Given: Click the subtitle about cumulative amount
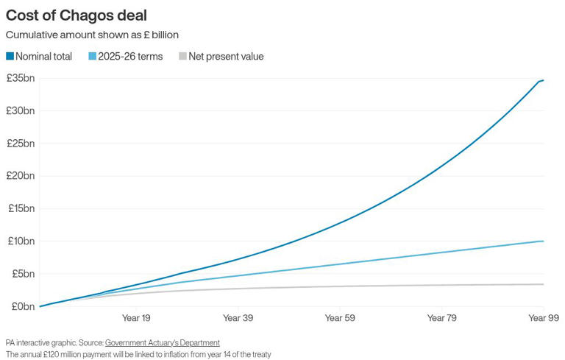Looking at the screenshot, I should coord(92,35).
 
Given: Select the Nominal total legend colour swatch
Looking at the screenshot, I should coord(10,57).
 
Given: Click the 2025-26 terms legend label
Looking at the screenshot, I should coord(129,57).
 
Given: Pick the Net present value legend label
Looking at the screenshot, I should coord(226,57).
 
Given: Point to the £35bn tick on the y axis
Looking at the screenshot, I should coord(20,78).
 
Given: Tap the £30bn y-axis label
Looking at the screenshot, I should coord(20,110).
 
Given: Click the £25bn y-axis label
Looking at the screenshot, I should coord(20,143).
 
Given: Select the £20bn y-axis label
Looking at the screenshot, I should coord(20,175).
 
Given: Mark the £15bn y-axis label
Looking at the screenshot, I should coord(20,208).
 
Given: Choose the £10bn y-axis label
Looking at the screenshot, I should coord(20,241).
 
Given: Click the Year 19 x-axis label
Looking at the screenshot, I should coord(136,318).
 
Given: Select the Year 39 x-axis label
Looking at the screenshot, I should coord(238,318).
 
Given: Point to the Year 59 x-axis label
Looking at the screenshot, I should coord(339,318).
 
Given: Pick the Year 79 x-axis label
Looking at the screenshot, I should coord(441,318).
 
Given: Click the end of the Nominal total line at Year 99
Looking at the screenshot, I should coord(543,80).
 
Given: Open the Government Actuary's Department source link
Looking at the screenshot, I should coord(162,342).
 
